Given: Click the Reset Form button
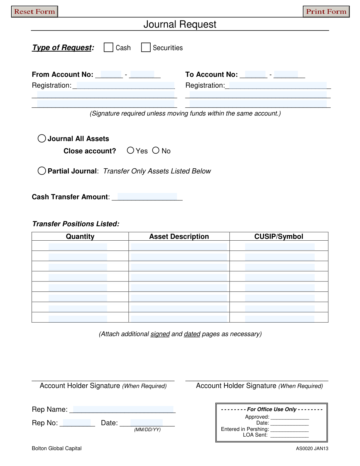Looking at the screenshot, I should pos(34,12).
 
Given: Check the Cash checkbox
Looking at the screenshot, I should pos(108,47).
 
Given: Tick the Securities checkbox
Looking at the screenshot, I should pos(146,47).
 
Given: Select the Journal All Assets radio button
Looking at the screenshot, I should pos(42,138).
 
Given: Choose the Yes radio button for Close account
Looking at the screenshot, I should pos(130,150).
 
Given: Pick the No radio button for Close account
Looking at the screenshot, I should pos(156,150).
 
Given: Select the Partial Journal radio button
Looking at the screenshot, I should pos(42,171).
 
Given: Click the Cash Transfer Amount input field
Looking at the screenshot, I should pos(147,197).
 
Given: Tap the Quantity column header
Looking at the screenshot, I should pos(80,236).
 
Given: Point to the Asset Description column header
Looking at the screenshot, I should pos(179,236).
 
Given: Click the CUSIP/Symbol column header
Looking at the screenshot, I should pos(279,236).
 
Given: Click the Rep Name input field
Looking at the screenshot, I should pos(123,409).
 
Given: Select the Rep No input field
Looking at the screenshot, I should pos(77,423).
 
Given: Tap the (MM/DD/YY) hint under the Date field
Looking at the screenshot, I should pos(147,430).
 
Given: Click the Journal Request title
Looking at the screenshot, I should pos(180,24).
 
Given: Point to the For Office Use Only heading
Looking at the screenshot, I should pos(271,409).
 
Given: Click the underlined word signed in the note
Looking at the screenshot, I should pos(160,334).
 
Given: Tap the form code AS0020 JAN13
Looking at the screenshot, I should pos(312,449).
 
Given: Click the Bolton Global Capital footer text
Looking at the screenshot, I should pos(57,448).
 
